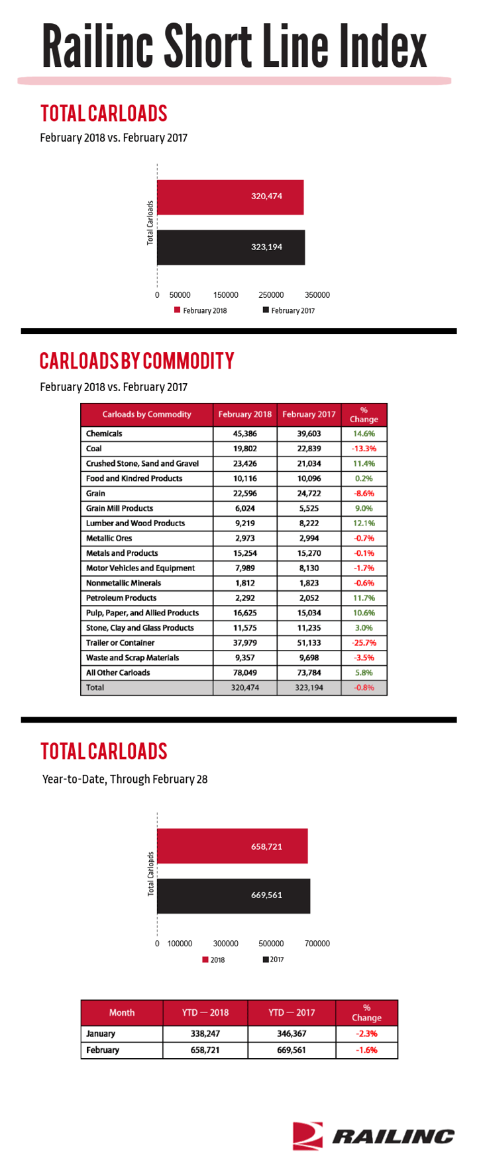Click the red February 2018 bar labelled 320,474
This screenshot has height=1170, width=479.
[231, 197]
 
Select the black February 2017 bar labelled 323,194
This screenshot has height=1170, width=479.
[231, 247]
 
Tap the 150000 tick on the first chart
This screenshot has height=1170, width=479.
[226, 295]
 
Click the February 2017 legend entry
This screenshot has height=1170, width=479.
[289, 310]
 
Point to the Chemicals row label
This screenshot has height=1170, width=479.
[104, 434]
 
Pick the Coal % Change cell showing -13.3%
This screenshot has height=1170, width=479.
[364, 449]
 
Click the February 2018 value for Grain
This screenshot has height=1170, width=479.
[245, 494]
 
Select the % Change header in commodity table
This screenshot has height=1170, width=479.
[364, 414]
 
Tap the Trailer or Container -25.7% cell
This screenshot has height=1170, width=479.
[364, 643]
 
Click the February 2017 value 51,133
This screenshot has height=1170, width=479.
[309, 643]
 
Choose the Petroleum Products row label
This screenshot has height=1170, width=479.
[121, 598]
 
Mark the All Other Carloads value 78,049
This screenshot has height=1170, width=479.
[245, 673]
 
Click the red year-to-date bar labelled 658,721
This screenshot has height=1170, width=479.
[233, 846]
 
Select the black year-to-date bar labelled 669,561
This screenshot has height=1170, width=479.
[234, 896]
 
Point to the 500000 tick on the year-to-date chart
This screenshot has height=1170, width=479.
[271, 944]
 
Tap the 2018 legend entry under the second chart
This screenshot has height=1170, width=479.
[213, 960]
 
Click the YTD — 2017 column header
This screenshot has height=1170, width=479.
[292, 1012]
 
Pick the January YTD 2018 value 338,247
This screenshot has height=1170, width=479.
[205, 1034]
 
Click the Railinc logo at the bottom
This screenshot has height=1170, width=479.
[374, 1136]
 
